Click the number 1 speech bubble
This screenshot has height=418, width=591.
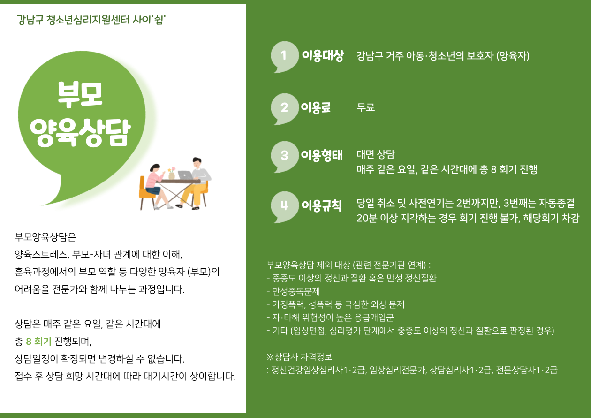click(284, 56)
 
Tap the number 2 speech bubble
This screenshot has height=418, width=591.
click(284, 108)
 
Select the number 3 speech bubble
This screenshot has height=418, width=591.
click(284, 157)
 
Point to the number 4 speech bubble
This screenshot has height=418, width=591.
click(284, 206)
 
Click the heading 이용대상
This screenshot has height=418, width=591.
click(323, 56)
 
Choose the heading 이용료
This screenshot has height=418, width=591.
click(316, 107)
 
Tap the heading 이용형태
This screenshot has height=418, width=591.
click(322, 155)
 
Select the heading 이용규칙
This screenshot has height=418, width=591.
click(322, 205)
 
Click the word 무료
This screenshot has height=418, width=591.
click(366, 107)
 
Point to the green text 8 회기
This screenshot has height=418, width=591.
click(38, 341)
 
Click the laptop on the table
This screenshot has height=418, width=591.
click(186, 175)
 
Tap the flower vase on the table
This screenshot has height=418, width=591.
click(172, 173)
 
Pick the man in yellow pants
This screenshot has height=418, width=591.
click(195, 183)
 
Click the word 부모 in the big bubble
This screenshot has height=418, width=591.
click(80, 94)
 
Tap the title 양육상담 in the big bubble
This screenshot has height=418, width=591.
click(80, 133)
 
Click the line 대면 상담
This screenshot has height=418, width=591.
click(376, 154)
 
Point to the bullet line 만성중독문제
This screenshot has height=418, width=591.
click(293, 291)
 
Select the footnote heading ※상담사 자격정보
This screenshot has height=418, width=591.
click(299, 357)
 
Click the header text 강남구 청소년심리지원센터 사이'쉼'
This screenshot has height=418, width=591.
click(91, 20)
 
